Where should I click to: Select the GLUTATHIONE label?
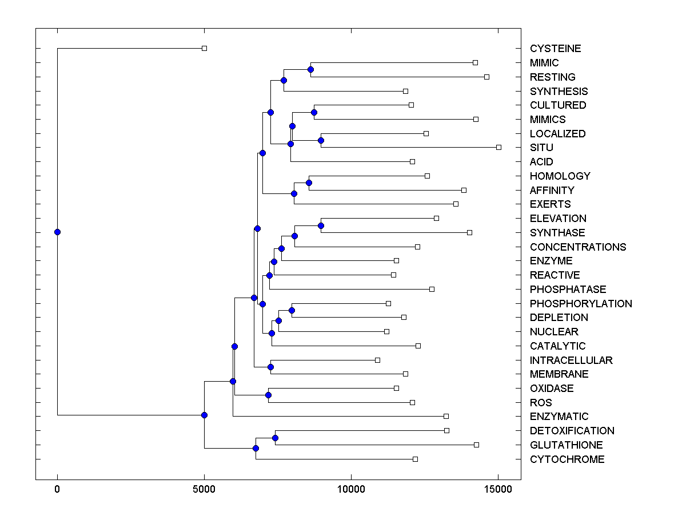pos(566,445)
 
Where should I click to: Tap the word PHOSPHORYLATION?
pos(581,304)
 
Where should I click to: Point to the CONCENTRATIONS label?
pos(578,247)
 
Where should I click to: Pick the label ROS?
pos(541,403)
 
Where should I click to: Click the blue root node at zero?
pos(57,232)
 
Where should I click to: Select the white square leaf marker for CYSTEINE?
pos(204,49)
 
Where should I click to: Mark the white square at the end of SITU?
pos(498,148)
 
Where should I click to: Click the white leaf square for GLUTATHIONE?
pos(476,445)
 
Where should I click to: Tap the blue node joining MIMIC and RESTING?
pos(310,70)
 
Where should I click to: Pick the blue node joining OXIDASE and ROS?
pos(268,395)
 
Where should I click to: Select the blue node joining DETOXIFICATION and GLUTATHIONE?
pos(275,438)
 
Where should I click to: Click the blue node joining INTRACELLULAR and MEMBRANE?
pos(270,367)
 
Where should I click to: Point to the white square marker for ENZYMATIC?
pos(446,417)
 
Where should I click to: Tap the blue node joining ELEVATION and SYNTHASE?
pos(321,225)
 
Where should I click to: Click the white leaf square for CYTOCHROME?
pos(415,459)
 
